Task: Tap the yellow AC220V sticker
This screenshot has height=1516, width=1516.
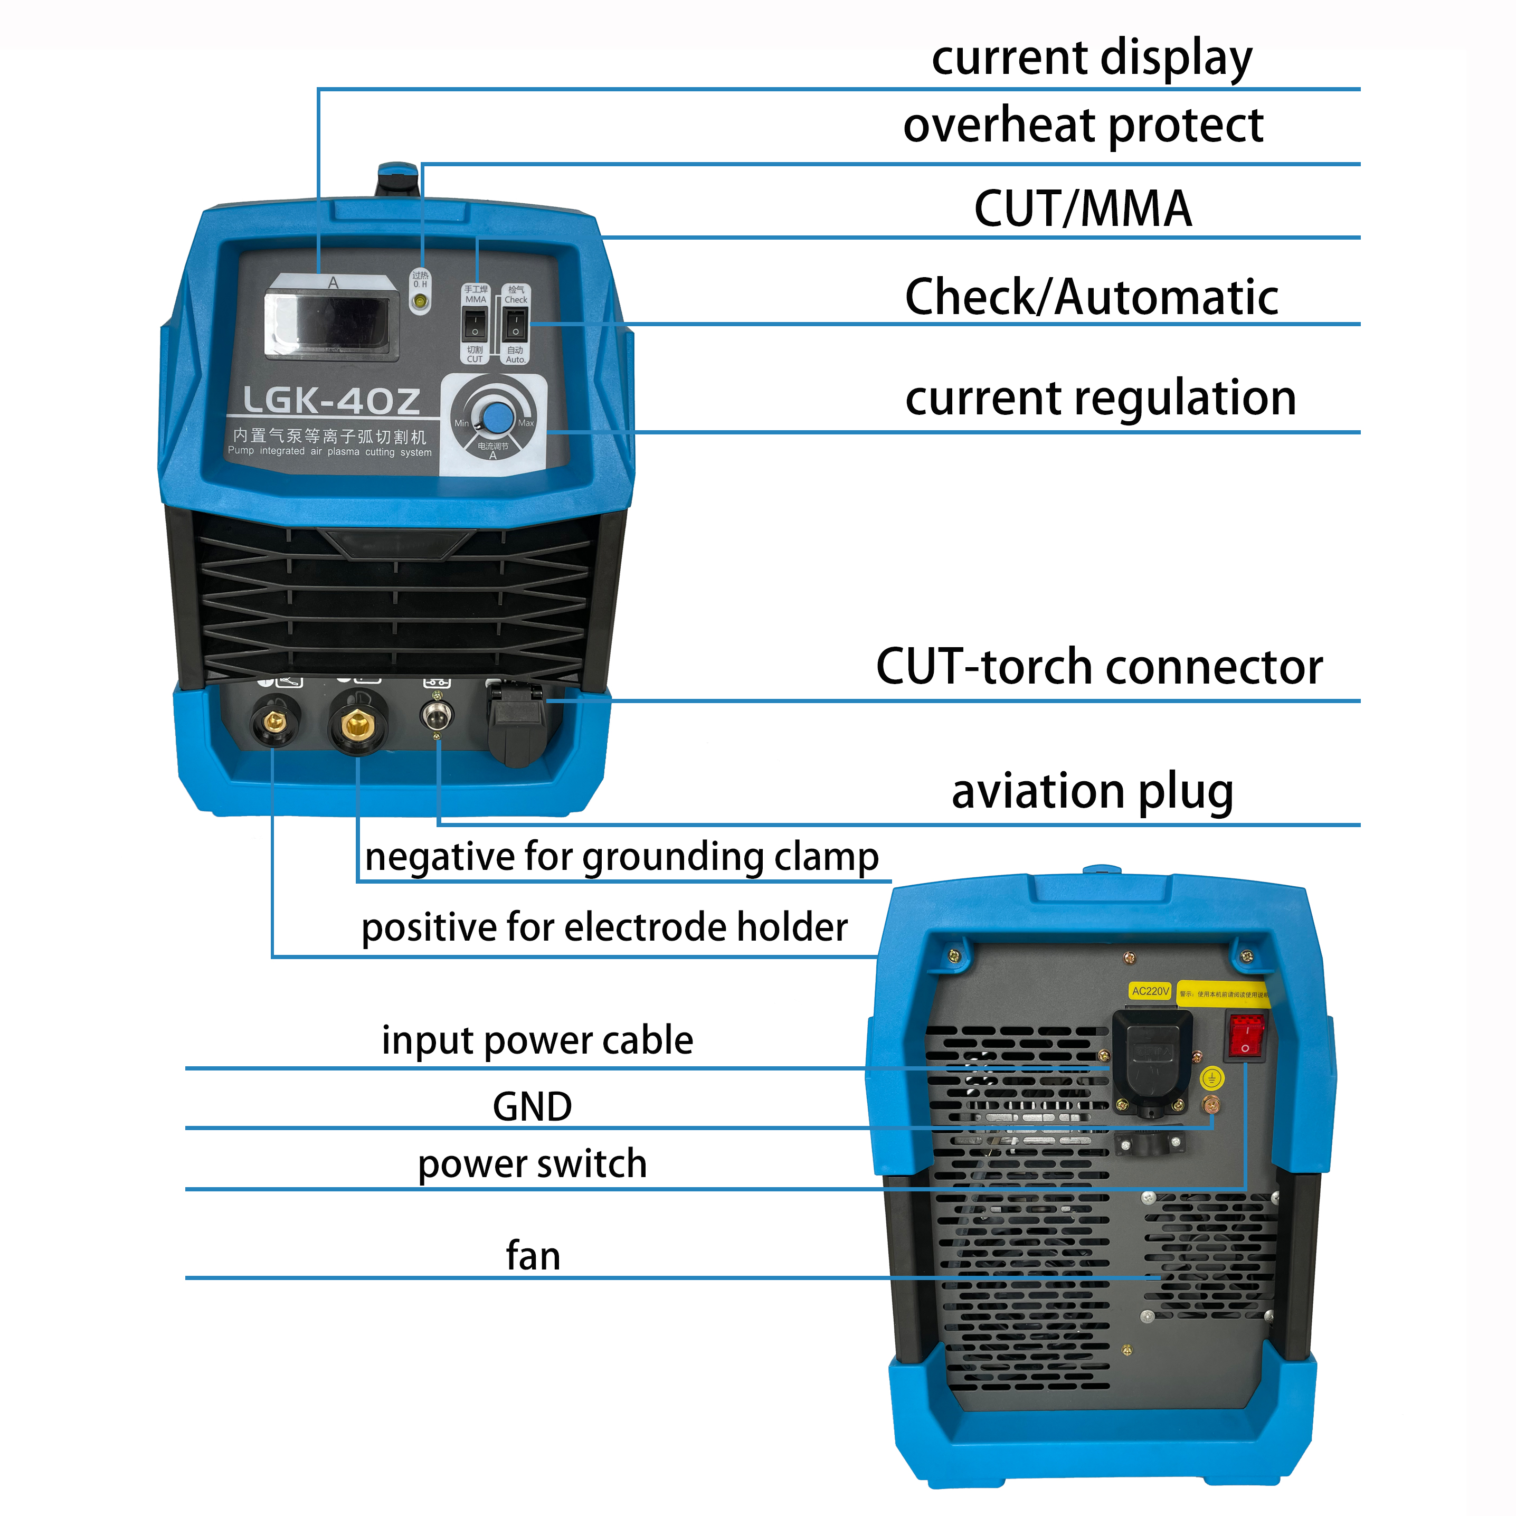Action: pyautogui.click(x=1150, y=991)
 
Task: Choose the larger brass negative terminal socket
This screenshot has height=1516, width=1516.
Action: pyautogui.click(x=358, y=723)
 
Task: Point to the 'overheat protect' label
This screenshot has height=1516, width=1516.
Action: pyautogui.click(x=1083, y=126)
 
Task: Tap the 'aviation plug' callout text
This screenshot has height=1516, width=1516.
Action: pyautogui.click(x=1092, y=791)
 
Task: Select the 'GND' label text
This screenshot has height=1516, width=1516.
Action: pyautogui.click(x=532, y=1106)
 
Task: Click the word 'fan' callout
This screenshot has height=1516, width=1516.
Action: pyautogui.click(x=533, y=1255)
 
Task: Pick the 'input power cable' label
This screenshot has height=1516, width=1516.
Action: pyautogui.click(x=537, y=1040)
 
